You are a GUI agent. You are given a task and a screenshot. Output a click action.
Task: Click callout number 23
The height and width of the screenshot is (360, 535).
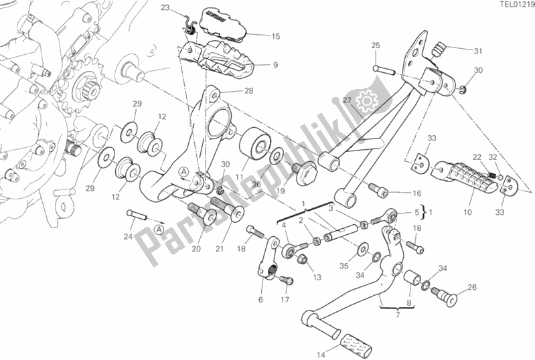coord(165,9)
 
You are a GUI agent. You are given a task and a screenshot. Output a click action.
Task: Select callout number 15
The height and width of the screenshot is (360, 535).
coord(257,36)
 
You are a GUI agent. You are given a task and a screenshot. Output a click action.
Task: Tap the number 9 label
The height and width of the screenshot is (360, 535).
coord(257,65)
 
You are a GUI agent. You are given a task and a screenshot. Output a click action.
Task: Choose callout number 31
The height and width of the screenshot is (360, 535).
coord(477,52)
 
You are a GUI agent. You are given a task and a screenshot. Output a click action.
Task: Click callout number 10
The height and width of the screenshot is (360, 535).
coord(467,211)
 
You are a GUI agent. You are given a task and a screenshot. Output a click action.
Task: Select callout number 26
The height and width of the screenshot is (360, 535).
coord(472,288)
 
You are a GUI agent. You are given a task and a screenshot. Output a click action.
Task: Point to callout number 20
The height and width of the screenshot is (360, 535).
coord(196,249)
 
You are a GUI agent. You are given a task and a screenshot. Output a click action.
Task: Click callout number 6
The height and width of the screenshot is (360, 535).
coord(260,299)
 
